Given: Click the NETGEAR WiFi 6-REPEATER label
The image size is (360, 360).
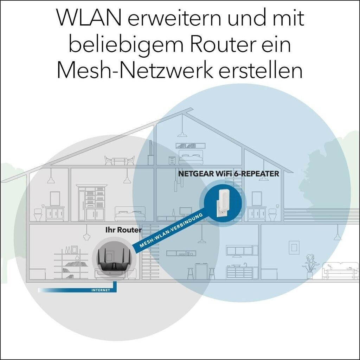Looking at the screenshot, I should [x=229, y=173].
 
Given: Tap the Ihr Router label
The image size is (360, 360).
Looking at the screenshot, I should [x=123, y=230].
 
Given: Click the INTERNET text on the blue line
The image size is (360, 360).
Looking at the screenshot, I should [x=101, y=290].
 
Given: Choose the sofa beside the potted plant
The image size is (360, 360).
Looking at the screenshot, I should [x=340, y=271].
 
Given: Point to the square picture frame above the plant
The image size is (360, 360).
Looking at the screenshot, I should [x=294, y=247].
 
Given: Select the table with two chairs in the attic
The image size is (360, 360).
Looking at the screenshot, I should [x=120, y=161].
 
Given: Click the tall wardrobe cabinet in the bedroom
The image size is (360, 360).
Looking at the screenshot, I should [x=91, y=203].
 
